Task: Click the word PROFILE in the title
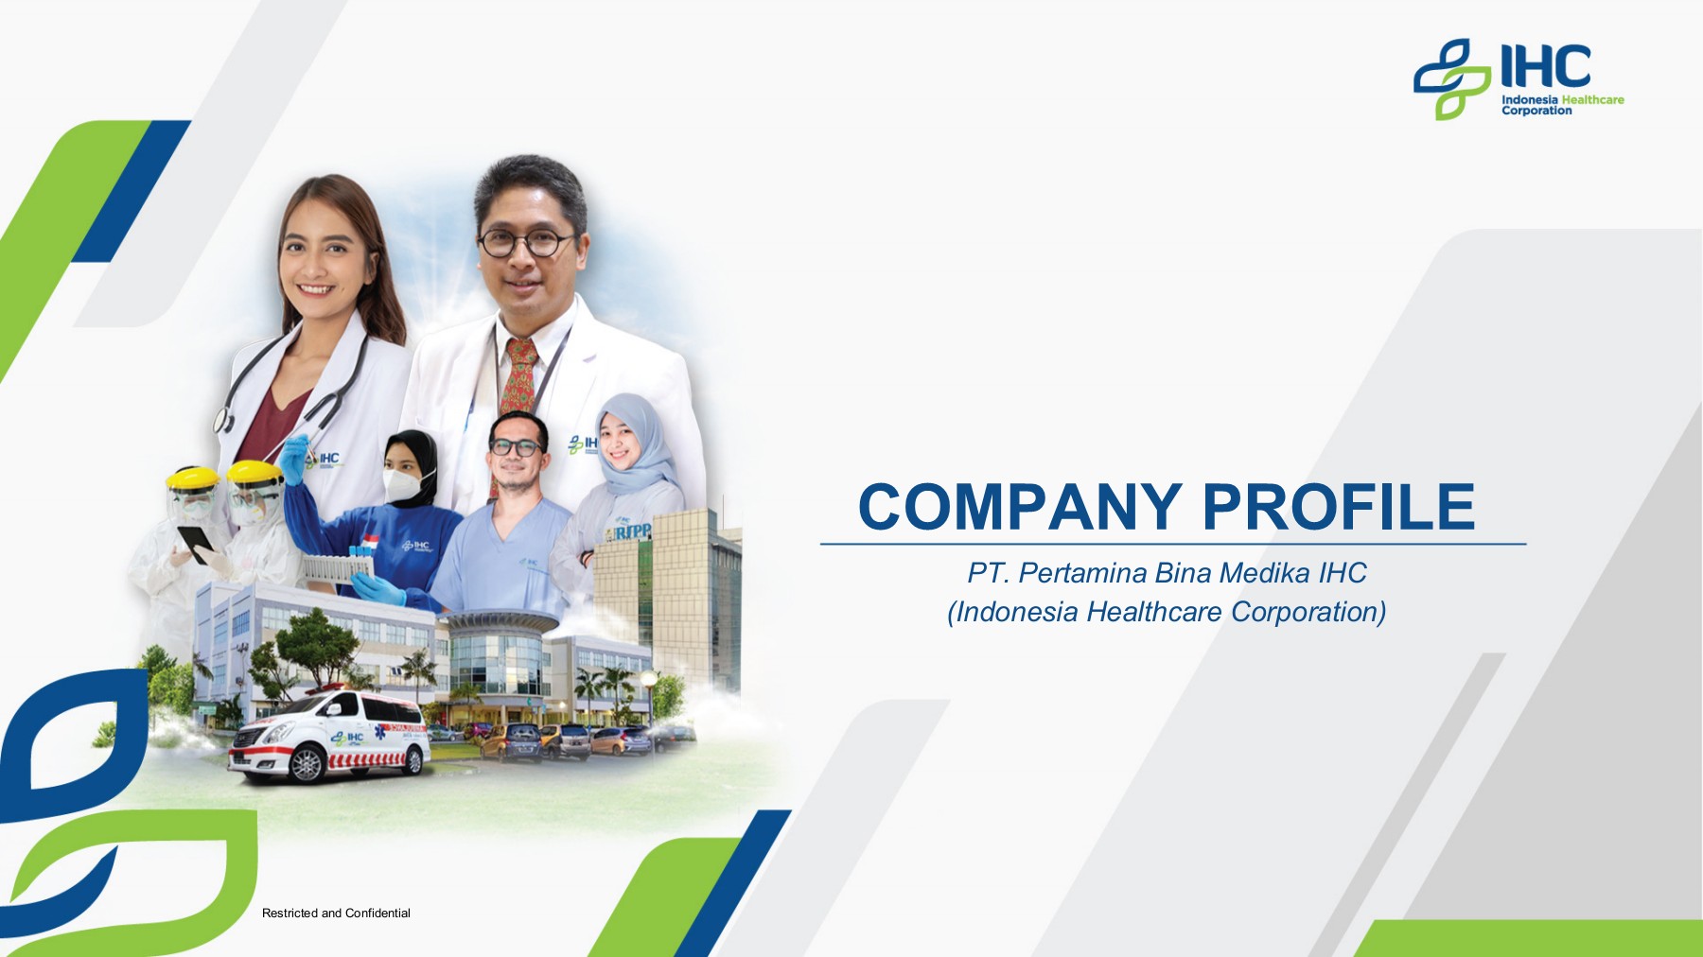(x=1339, y=507)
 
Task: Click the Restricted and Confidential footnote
(x=336, y=913)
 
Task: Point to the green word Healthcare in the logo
(x=1592, y=99)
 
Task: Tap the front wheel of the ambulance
(x=307, y=764)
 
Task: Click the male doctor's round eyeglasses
(x=526, y=242)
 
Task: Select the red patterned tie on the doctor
(x=518, y=378)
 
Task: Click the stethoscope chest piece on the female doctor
(x=224, y=419)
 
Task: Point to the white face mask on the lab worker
(x=401, y=484)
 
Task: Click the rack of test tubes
(x=337, y=566)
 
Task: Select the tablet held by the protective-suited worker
(x=197, y=543)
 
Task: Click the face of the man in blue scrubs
(x=517, y=451)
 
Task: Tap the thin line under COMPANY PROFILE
(x=1173, y=544)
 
